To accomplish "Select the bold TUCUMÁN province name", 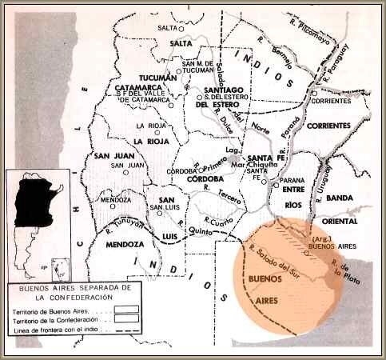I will pyautogui.click(x=157, y=78).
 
